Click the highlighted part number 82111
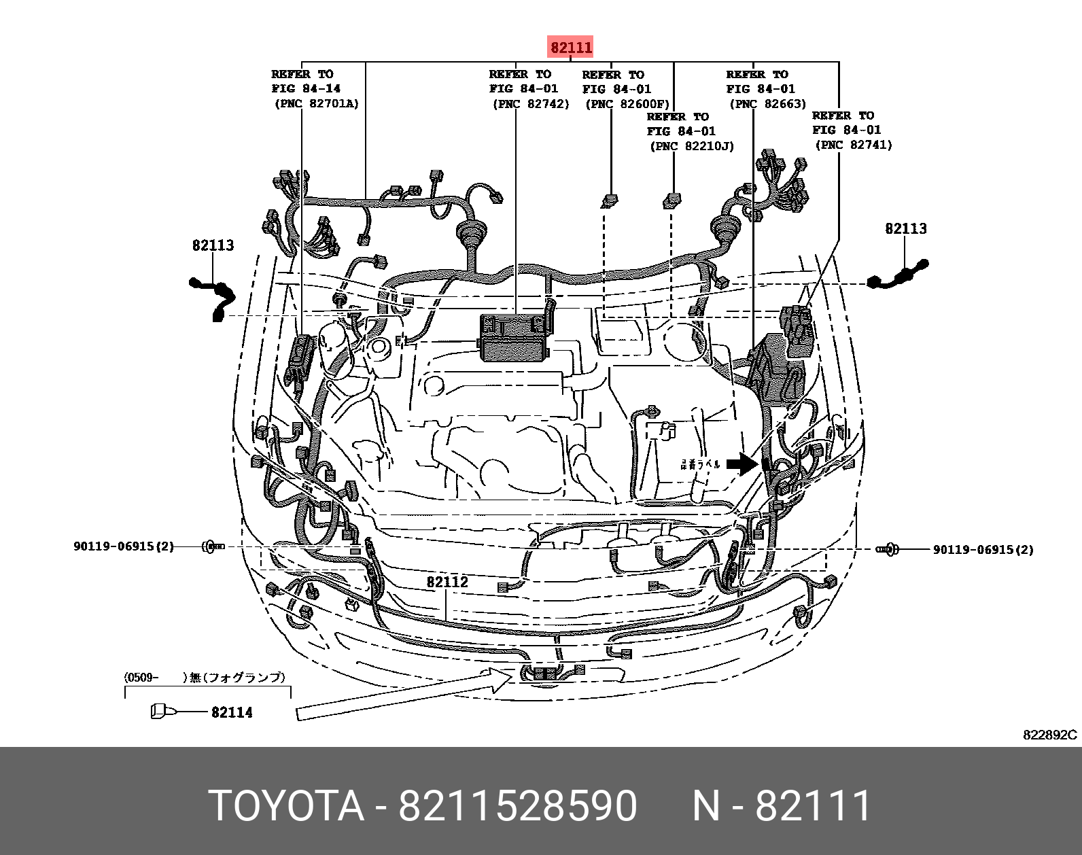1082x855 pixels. pos(571,48)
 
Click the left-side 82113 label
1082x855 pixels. pos(213,245)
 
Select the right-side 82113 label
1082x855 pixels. pos(905,229)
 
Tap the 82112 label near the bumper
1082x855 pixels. pos(447,582)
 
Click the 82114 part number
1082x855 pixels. pos(232,712)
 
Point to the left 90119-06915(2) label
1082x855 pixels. pos(124,546)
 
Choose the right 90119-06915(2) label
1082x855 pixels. pos(983,550)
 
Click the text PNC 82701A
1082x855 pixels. pos(317,104)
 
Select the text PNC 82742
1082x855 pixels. pos(531,104)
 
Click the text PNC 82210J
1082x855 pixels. pos(692,146)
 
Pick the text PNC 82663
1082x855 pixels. pos(768,104)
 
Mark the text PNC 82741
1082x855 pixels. pos(853,145)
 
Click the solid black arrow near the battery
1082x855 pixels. pos(741,465)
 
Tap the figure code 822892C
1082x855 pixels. pos(1049,735)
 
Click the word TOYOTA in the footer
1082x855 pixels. pos(286,806)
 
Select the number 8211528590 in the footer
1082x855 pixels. pos(517,806)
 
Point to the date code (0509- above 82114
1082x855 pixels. pos(141,678)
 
